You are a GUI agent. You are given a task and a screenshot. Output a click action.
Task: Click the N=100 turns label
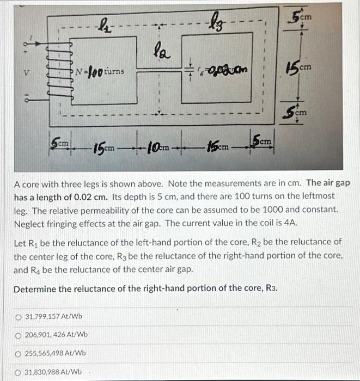point(100,71)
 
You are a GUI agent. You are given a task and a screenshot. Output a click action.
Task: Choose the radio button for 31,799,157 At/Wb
point(20,316)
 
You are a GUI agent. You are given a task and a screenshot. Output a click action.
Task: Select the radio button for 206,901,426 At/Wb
point(20,334)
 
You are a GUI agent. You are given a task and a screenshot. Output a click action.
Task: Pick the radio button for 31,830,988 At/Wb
point(20,372)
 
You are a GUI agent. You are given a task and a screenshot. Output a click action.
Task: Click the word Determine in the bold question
point(35,288)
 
